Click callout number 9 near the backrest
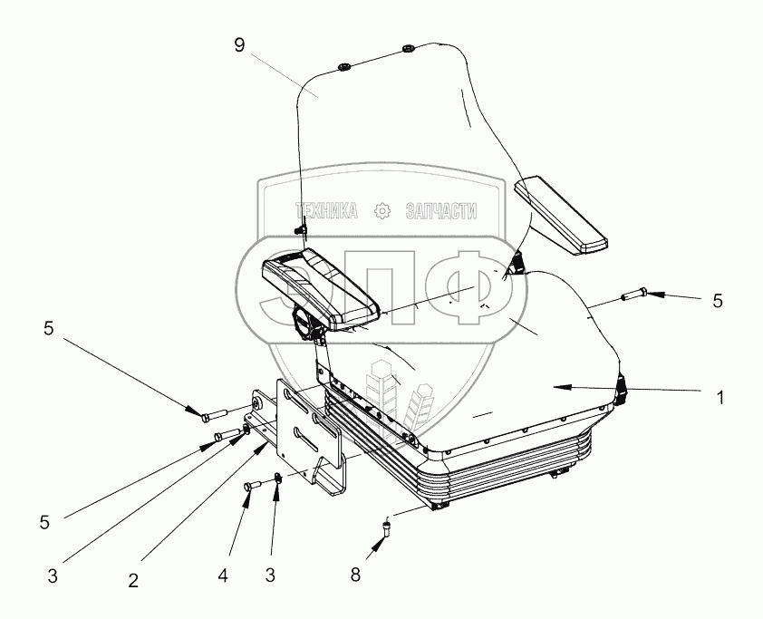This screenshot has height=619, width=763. [238, 45]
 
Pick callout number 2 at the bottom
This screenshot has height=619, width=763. [133, 581]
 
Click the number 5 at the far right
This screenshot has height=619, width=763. [718, 301]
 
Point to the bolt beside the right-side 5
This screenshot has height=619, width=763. [632, 294]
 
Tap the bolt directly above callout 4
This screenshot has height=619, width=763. [251, 488]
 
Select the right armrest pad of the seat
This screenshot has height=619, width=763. [560, 217]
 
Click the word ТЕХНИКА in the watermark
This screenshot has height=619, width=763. [328, 211]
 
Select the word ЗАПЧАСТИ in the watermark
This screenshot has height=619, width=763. [440, 211]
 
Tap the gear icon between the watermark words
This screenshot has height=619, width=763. [382, 211]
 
